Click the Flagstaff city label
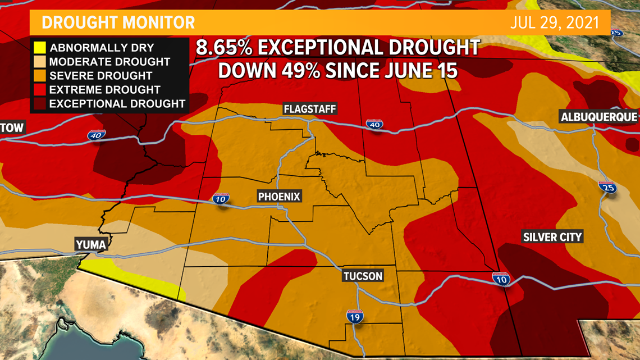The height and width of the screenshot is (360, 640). [309, 109]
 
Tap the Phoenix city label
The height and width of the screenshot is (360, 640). [280, 196]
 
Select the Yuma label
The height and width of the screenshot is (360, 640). [90, 244]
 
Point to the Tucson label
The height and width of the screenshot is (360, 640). [363, 276]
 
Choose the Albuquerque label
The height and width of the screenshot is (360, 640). [599, 117]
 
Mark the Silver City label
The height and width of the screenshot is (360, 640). [552, 236]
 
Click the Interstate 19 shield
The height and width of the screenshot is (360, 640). [355, 317]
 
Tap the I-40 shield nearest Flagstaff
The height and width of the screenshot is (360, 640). [374, 124]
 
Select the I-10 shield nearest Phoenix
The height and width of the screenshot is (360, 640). [221, 198]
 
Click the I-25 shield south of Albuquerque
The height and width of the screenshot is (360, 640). [607, 187]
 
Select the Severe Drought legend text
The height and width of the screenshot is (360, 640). [101, 76]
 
